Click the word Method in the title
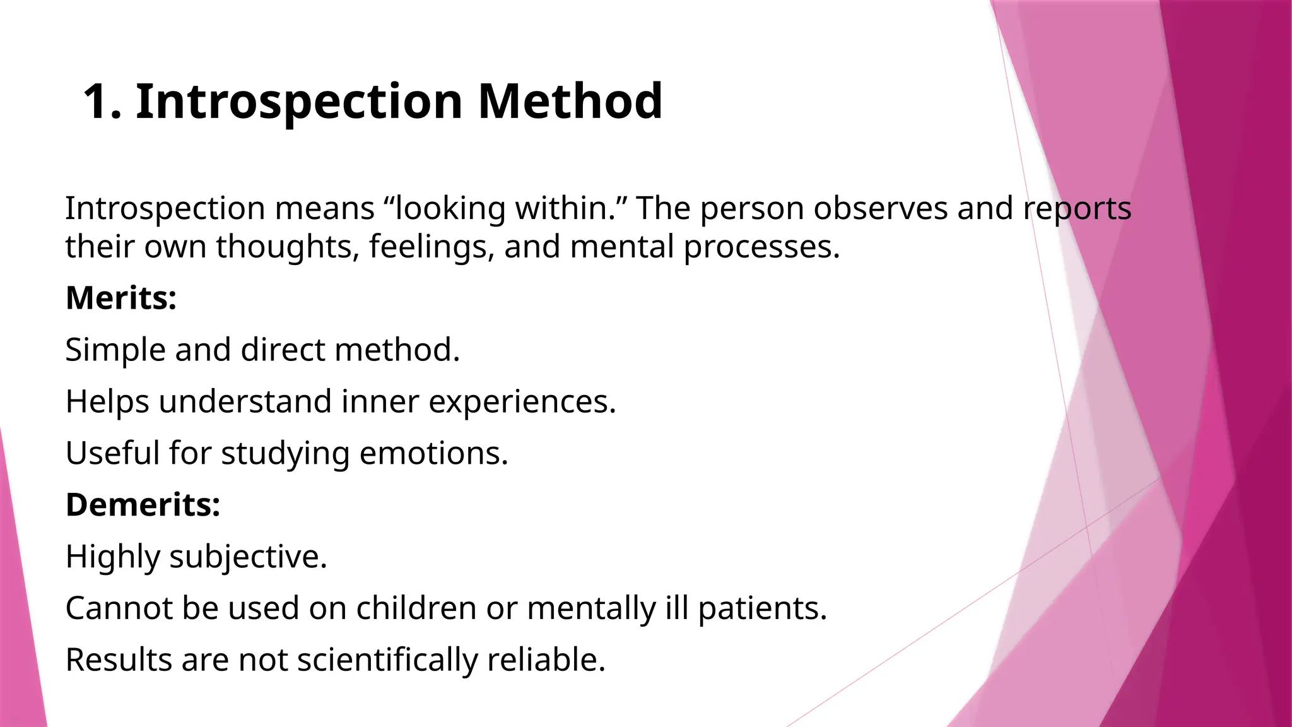point(570,102)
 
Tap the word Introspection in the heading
point(300,102)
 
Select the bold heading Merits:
point(121,298)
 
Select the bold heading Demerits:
point(143,505)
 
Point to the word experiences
point(522,402)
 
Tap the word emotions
point(433,453)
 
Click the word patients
point(761,608)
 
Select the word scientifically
point(387,660)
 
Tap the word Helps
point(107,402)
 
